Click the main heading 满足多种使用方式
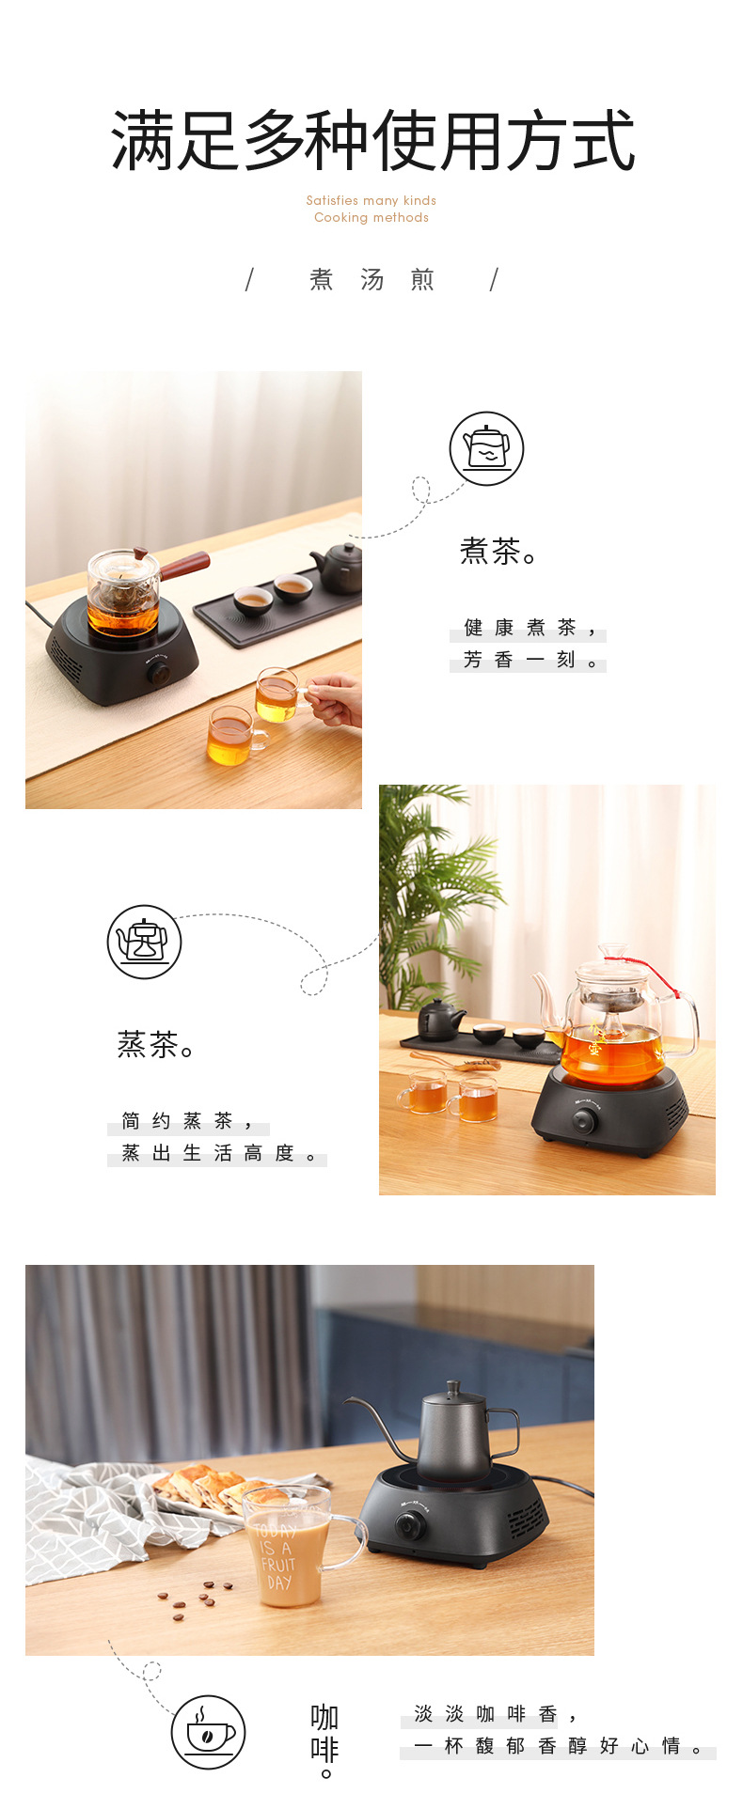pos(373,140)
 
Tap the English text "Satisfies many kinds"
pos(371,200)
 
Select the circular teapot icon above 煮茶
pos(486,448)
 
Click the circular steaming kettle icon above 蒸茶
pos(144,942)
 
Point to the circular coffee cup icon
pos(209,1731)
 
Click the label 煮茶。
pos(499,551)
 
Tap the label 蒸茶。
pos(156,1044)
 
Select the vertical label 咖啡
pos(324,1739)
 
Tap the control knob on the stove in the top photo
pos(159,673)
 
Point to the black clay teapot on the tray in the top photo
pos(338,568)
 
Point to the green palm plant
pos(433,893)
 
